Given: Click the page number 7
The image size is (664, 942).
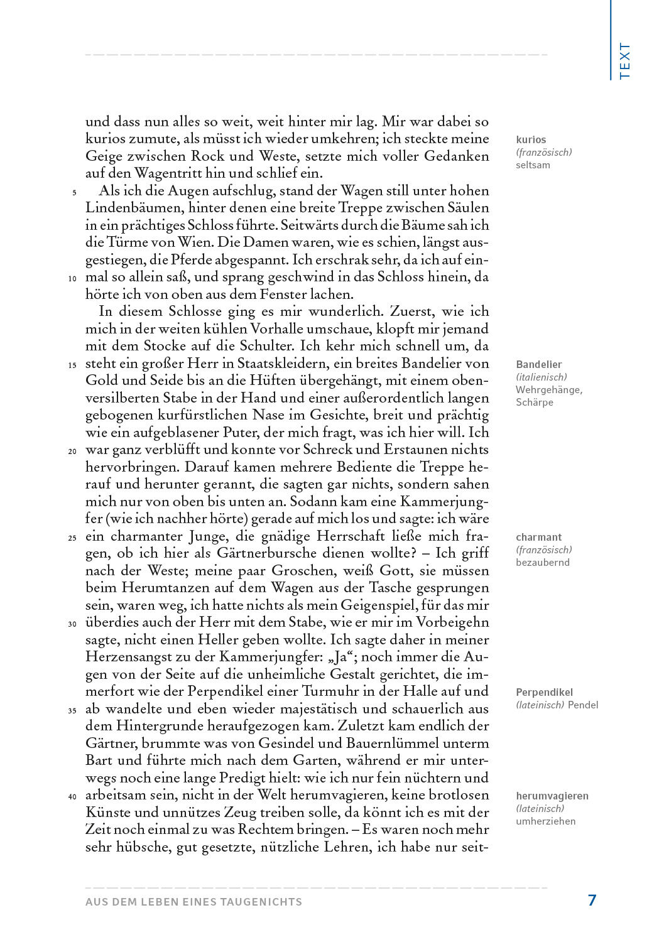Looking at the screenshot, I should (x=592, y=900).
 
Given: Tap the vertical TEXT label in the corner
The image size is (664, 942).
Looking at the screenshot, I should (x=624, y=61).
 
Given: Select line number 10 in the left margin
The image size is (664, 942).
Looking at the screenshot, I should (x=72, y=279).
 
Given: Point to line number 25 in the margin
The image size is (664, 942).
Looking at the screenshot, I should (x=72, y=538).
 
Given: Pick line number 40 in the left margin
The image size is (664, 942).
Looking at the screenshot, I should (x=72, y=797).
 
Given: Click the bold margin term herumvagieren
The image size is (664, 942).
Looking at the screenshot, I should (x=552, y=796).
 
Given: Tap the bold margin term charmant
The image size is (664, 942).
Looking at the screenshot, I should (x=539, y=537).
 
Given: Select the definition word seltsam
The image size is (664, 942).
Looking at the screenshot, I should (x=533, y=165).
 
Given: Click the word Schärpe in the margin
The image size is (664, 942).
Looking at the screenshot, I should (x=535, y=402).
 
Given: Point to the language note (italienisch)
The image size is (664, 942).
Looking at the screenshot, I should (x=542, y=377).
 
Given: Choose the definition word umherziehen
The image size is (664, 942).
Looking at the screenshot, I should (x=545, y=821).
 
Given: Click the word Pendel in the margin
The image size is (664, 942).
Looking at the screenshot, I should (x=583, y=705).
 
